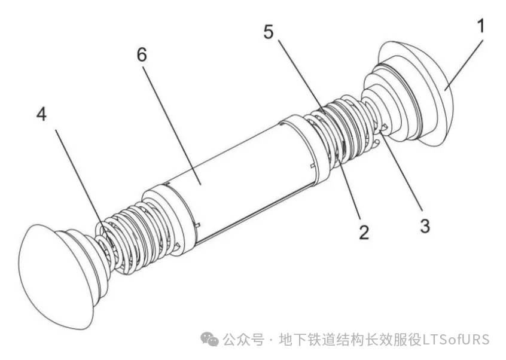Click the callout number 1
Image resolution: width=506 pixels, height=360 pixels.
coord(480,26)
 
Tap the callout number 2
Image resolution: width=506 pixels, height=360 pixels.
coord(364,232)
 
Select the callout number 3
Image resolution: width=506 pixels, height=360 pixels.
coord(425,225)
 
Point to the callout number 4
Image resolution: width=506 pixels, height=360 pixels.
coord(41,114)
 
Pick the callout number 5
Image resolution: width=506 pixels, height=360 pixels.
coord(268,32)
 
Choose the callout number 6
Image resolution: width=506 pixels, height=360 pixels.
coord(142,54)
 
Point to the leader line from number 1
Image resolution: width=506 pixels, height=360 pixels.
coord(464,65)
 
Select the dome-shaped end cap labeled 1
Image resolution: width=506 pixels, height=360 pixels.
coord(416,93)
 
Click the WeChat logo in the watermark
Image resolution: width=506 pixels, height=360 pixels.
coord(209,339)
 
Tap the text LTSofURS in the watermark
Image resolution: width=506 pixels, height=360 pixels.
coord(456,340)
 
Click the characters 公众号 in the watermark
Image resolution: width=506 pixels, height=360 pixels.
coord(243,340)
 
